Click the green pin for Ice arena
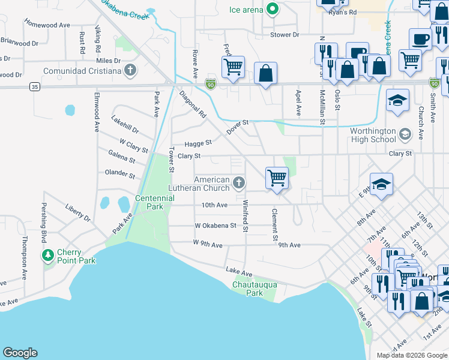[272, 10]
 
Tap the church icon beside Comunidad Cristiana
[130, 71]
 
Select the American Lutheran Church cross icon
[239, 183]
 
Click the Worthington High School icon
[405, 134]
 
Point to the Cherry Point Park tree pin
[47, 256]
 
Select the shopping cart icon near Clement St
[277, 177]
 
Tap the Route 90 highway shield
[434, 83]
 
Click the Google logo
[20, 353]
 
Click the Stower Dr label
[285, 35]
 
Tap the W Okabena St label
[215, 226]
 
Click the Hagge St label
[198, 143]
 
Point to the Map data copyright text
[411, 355]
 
